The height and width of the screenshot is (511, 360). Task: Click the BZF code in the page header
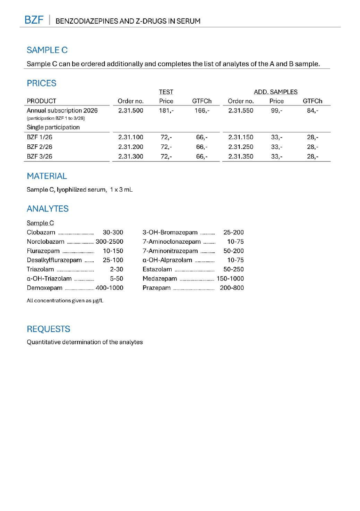[34, 20]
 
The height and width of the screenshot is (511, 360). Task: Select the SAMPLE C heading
[47, 50]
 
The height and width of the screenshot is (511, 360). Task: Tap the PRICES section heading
[42, 83]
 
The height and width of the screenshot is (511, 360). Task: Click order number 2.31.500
[130, 111]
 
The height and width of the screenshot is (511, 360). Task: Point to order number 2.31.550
[241, 111]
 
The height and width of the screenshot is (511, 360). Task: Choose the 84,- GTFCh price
[312, 111]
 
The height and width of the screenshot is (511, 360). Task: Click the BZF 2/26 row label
[40, 147]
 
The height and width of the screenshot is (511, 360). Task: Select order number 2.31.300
[130, 157]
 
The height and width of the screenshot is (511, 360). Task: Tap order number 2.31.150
[241, 137]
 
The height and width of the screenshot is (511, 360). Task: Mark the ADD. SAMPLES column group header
[275, 92]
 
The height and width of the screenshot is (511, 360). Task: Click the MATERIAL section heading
[47, 176]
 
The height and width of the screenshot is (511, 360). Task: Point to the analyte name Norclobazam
[45, 242]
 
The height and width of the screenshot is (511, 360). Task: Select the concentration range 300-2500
[109, 242]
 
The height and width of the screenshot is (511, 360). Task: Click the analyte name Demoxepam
[44, 288]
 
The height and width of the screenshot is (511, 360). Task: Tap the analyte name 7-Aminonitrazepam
[170, 251]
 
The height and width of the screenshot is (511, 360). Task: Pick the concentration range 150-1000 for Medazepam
[230, 279]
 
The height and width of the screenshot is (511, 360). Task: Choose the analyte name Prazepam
[156, 288]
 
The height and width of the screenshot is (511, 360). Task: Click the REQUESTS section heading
[49, 329]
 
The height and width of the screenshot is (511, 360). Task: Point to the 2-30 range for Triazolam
[117, 269]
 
